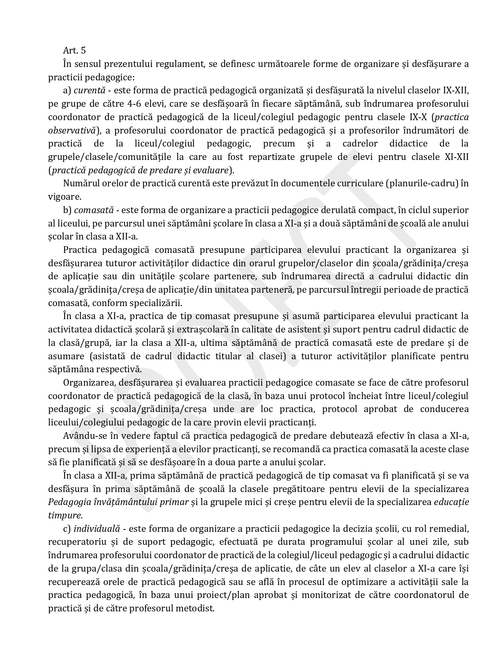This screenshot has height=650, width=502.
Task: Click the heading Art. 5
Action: tap(74, 50)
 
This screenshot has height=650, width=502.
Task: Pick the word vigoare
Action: tap(65, 197)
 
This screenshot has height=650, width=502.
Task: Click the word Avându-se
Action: tap(83, 436)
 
